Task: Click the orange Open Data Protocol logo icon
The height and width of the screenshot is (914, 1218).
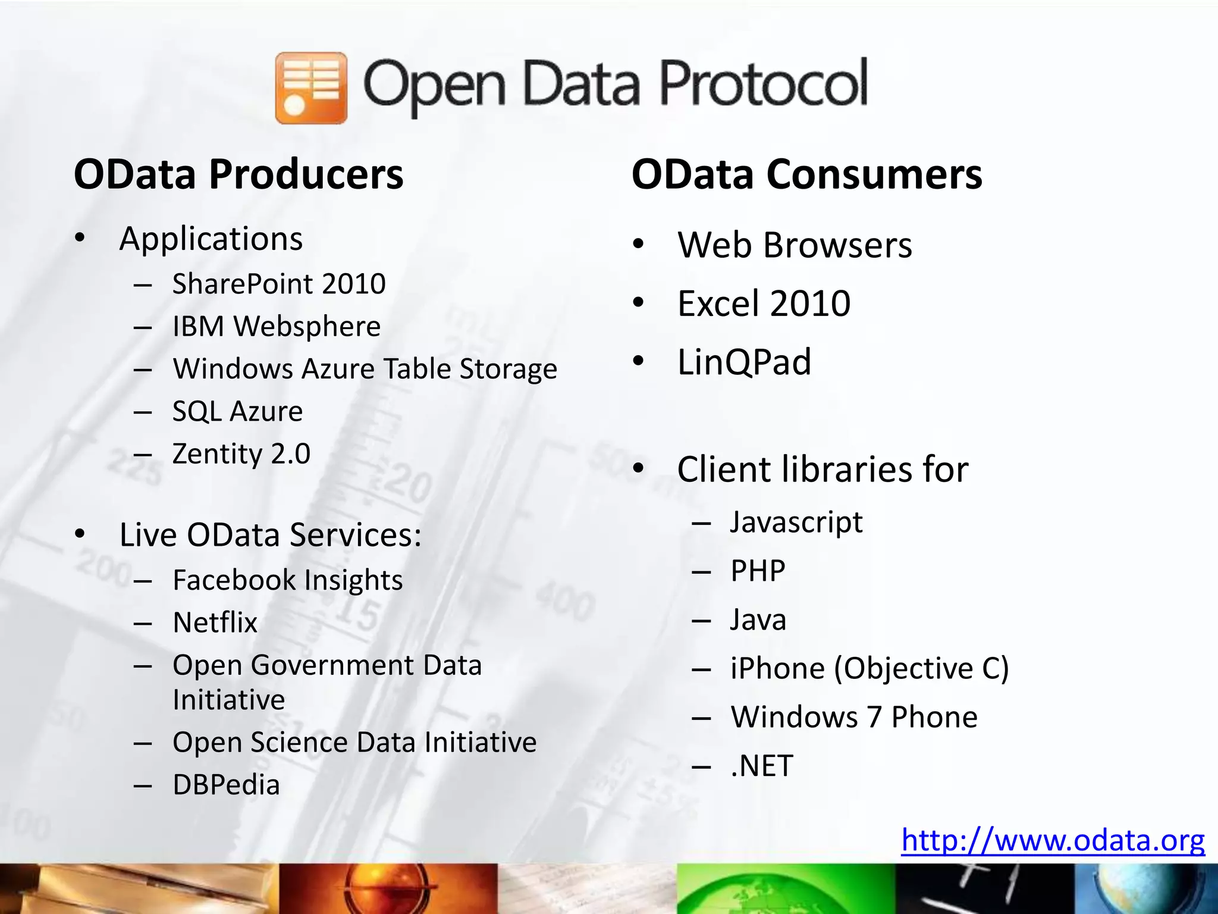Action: click(x=311, y=88)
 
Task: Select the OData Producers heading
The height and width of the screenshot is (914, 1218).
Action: click(x=238, y=174)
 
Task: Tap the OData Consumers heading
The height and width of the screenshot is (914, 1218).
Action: click(x=806, y=174)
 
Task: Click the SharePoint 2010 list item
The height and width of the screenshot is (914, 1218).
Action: click(x=279, y=284)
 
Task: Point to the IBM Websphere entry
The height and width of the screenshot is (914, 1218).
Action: click(x=277, y=327)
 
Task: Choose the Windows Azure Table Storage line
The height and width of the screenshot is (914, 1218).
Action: click(x=365, y=369)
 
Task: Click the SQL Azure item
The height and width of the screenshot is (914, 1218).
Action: click(x=237, y=412)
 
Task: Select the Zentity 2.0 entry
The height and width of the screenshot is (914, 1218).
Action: click(x=241, y=454)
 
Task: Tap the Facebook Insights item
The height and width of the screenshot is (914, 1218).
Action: click(x=287, y=580)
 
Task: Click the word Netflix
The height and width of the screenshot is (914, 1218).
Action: click(x=215, y=623)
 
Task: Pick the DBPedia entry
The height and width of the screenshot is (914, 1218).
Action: click(x=226, y=785)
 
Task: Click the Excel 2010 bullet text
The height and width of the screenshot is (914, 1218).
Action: click(x=764, y=303)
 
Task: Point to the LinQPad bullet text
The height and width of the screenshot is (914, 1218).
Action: click(x=744, y=362)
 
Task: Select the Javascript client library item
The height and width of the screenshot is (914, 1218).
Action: click(x=796, y=522)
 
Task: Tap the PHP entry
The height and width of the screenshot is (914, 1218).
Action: click(x=758, y=571)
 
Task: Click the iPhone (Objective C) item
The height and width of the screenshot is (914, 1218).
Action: click(x=869, y=668)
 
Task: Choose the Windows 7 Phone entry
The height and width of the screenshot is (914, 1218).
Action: click(x=854, y=717)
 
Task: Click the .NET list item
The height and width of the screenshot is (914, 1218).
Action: click(x=762, y=766)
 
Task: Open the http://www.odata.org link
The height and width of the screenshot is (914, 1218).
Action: click(x=1053, y=840)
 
